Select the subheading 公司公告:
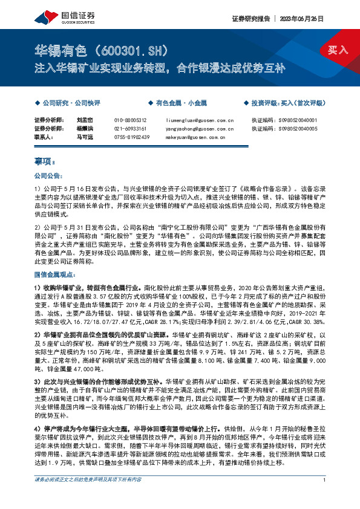coord(48,177)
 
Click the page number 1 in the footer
coord(325,497)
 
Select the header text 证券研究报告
coord(249,18)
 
